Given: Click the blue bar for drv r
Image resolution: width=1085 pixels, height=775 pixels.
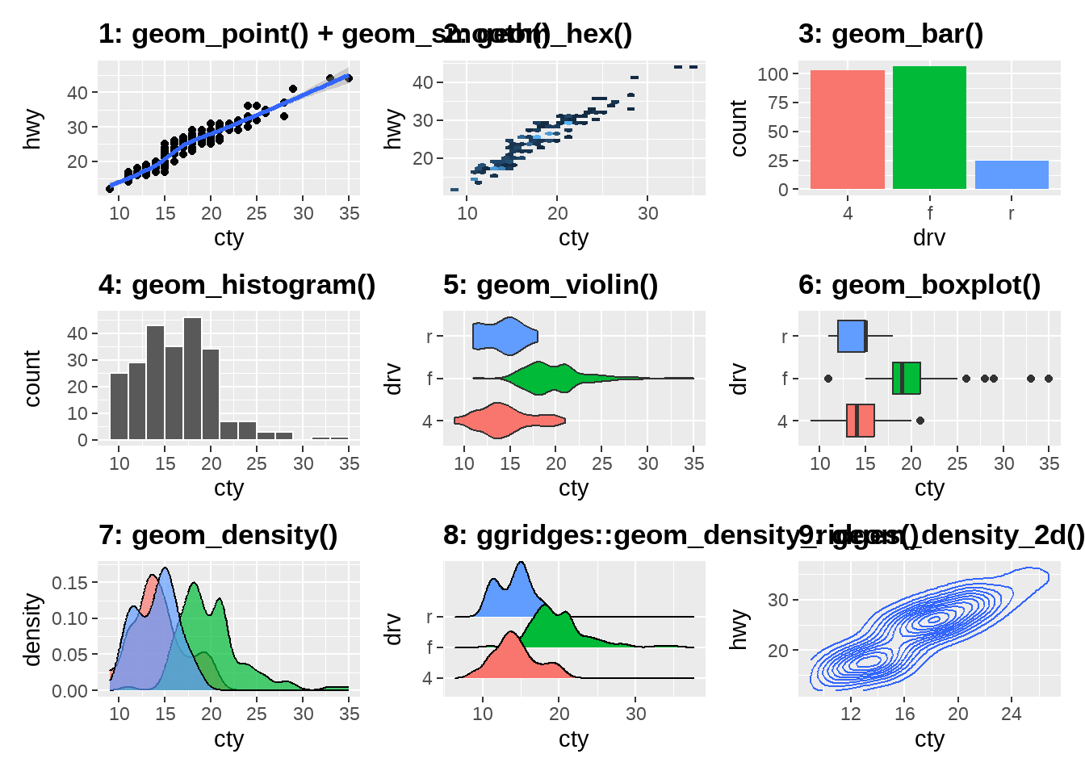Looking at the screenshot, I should [1012, 174].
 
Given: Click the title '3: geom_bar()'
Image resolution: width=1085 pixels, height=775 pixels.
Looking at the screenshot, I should [890, 34].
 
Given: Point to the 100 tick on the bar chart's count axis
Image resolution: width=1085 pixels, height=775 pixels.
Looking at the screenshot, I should [773, 74].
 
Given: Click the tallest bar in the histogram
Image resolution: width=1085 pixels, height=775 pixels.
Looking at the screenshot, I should [192, 379].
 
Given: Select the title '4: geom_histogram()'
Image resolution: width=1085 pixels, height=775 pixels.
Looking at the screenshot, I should [237, 285].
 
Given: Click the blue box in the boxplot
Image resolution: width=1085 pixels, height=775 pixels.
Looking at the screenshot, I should [852, 336].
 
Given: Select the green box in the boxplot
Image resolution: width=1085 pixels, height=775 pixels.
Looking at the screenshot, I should [907, 378].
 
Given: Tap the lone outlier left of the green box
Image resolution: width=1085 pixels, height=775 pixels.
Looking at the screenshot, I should [828, 379].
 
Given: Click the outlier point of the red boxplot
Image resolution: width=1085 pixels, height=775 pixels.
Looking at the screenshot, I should [920, 421].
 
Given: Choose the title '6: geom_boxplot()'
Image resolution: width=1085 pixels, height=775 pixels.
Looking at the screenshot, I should [920, 285].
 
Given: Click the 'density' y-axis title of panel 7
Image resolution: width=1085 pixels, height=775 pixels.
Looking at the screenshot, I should [31, 630].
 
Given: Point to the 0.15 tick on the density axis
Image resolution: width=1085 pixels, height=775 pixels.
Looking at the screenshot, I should [69, 583].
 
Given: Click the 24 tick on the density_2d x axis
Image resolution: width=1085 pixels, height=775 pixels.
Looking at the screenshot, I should [1012, 714].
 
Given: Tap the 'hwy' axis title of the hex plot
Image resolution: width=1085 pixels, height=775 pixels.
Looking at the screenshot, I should [392, 129].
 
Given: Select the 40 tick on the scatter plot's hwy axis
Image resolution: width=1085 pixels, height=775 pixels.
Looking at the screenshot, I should [77, 93].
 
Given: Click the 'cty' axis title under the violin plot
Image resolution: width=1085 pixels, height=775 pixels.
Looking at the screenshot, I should [573, 488].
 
